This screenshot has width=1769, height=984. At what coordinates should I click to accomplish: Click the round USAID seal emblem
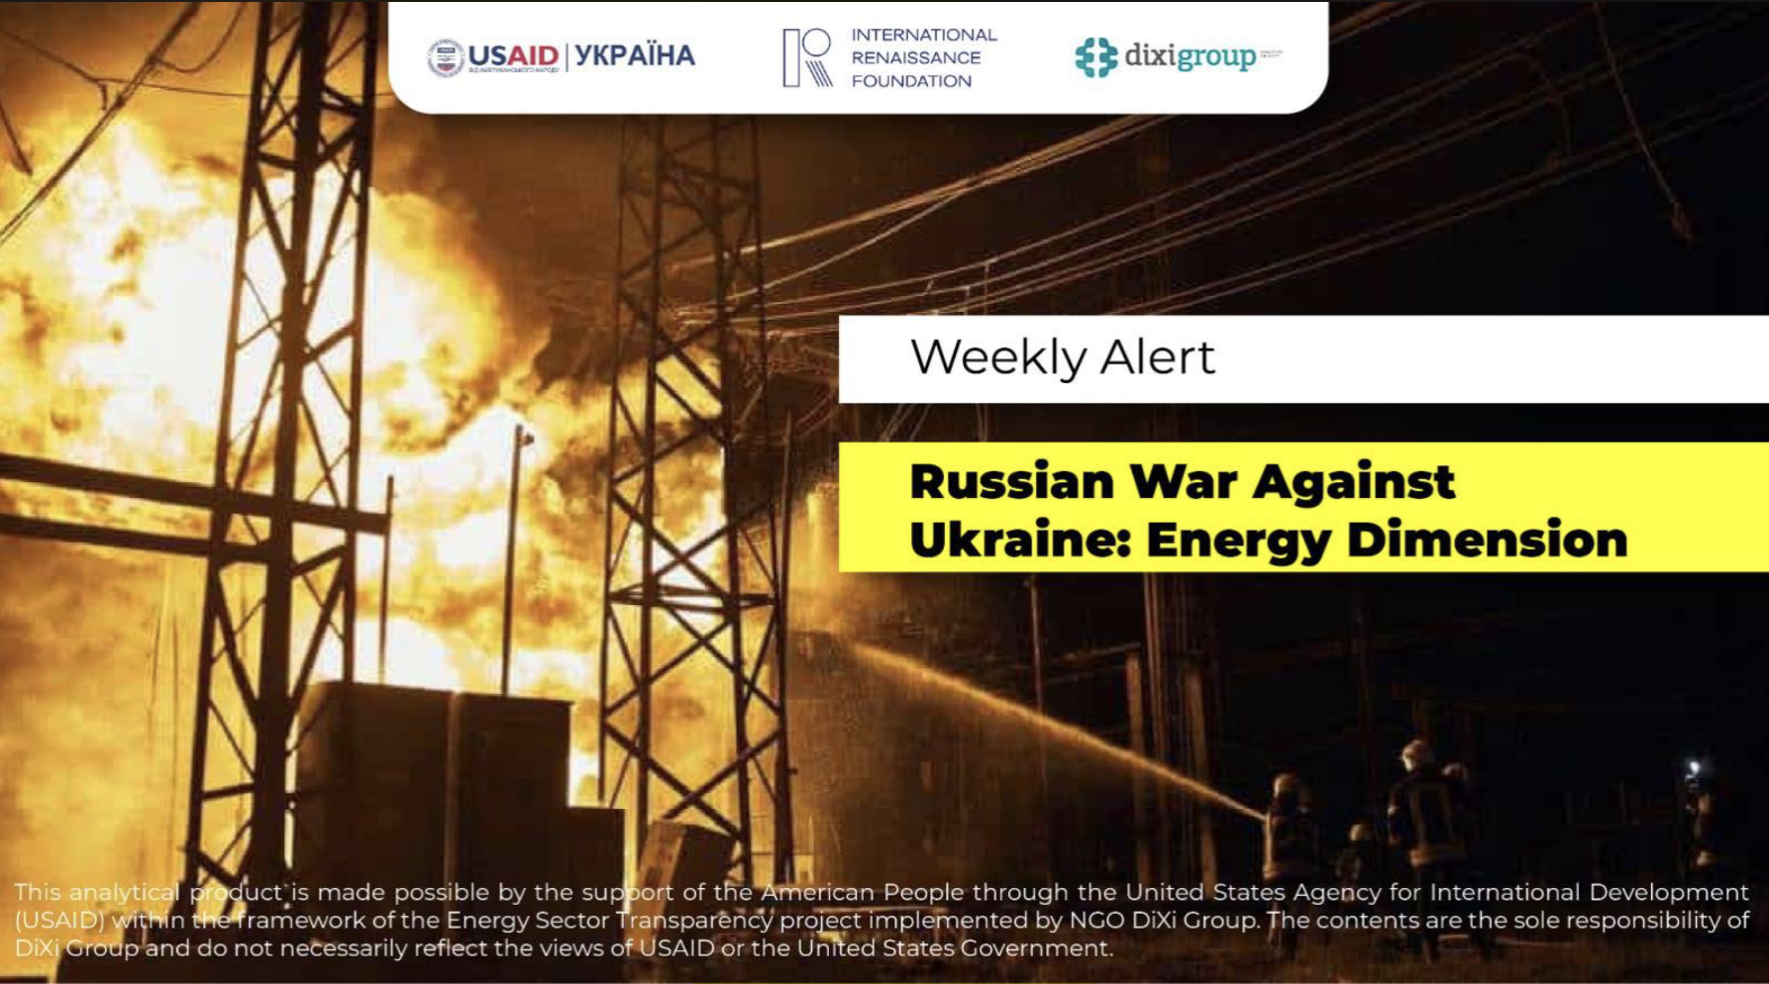pyautogui.click(x=445, y=57)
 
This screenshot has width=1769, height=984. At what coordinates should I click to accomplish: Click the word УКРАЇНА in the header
pyautogui.click(x=635, y=55)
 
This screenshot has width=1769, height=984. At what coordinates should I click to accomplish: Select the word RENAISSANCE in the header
pyautogui.click(x=915, y=57)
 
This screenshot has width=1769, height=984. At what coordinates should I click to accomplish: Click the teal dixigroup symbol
pyautogui.click(x=1095, y=57)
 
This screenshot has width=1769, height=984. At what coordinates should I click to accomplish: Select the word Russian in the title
pyautogui.click(x=1011, y=482)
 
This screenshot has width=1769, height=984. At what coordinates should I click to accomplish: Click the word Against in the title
pyautogui.click(x=1353, y=482)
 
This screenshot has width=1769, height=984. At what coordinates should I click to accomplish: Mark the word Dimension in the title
pyautogui.click(x=1486, y=541)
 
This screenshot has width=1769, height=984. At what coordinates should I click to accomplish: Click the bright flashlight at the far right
pyautogui.click(x=1693, y=768)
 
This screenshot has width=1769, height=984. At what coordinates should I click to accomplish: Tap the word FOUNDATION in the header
pyautogui.click(x=911, y=81)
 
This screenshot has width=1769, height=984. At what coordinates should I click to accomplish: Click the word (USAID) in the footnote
pyautogui.click(x=59, y=921)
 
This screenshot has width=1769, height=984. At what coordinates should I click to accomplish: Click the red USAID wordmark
pyautogui.click(x=512, y=54)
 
